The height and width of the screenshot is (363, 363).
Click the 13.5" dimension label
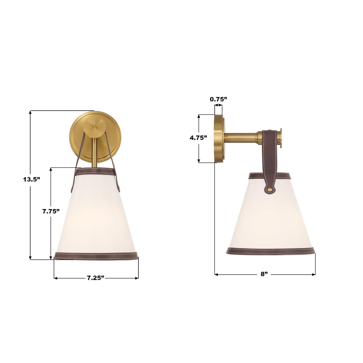(x=31, y=179)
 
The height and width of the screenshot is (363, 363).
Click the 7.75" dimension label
(x=51, y=211)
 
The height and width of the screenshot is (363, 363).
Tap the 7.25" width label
(x=96, y=278)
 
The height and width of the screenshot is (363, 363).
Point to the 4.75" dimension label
(x=199, y=138)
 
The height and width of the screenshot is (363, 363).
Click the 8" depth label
(x=264, y=274)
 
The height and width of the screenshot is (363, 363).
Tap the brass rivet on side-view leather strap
(x=270, y=189)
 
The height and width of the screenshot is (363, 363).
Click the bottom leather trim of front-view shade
(x=96, y=256)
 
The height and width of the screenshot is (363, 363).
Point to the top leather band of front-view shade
(x=96, y=172)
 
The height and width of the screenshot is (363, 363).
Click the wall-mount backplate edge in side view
(x=218, y=138)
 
